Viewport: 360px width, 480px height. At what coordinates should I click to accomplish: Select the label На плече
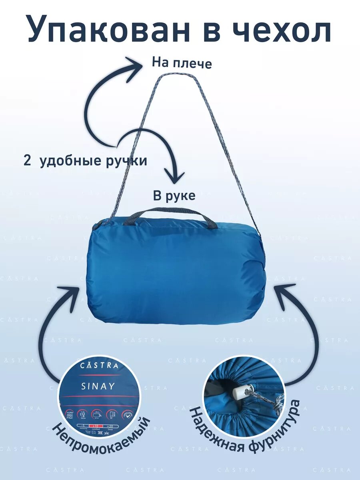(182, 63)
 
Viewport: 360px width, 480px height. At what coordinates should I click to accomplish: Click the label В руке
(174, 196)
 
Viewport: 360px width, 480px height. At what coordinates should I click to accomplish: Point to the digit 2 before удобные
(27, 161)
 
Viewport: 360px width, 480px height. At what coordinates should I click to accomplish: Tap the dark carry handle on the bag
(170, 213)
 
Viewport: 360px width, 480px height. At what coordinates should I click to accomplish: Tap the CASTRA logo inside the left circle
(99, 365)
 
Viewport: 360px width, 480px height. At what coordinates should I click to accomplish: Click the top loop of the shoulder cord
(167, 76)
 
